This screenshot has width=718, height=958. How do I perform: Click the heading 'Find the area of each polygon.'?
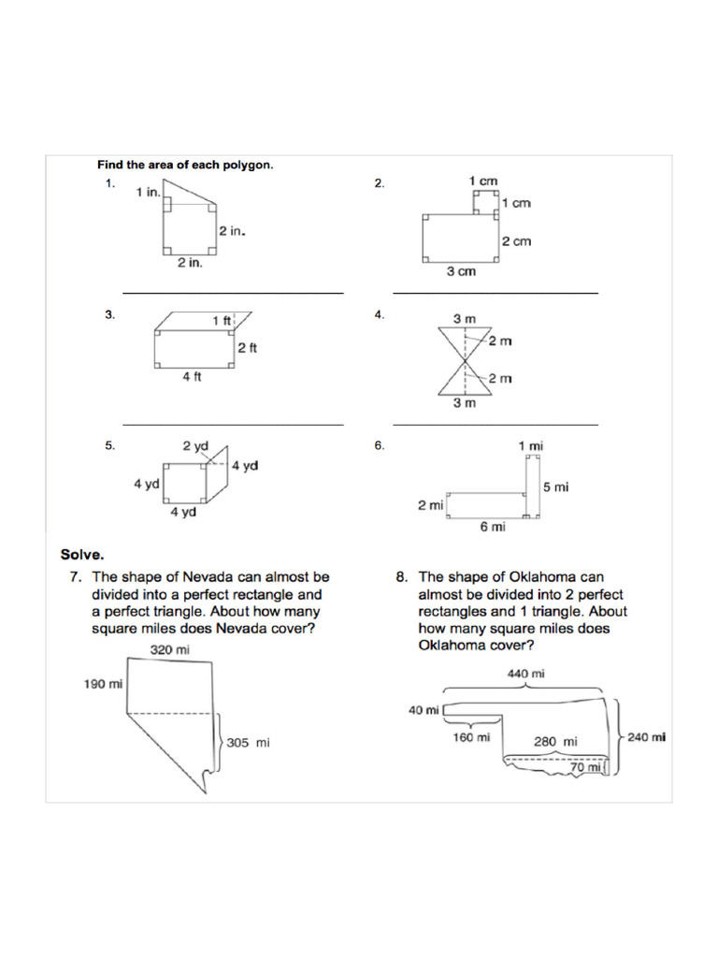pyautogui.click(x=185, y=165)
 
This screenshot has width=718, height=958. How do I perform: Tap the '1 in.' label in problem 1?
pyautogui.click(x=148, y=192)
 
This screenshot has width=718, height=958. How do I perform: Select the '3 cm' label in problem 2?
pyautogui.click(x=460, y=271)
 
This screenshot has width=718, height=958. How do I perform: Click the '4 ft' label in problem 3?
pyautogui.click(x=192, y=377)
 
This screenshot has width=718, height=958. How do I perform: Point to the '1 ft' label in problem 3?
pyautogui.click(x=222, y=321)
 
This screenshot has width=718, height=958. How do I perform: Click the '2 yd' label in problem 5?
pyautogui.click(x=194, y=447)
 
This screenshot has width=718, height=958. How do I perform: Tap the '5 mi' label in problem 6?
pyautogui.click(x=555, y=487)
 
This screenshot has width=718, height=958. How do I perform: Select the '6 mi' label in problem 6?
pyautogui.click(x=493, y=528)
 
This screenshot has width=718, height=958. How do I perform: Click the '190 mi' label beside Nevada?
pyautogui.click(x=104, y=684)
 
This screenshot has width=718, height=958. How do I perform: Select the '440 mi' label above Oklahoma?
pyautogui.click(x=526, y=674)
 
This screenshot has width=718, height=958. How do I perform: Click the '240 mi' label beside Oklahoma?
pyautogui.click(x=646, y=737)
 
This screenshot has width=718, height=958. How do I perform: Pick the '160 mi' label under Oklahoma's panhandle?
pyautogui.click(x=470, y=737)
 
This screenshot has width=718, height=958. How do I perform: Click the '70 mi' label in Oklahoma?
pyautogui.click(x=585, y=768)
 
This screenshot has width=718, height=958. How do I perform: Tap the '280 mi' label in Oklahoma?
pyautogui.click(x=555, y=742)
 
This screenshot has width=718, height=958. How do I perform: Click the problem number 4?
pyautogui.click(x=379, y=315)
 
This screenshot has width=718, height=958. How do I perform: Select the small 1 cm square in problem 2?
pyautogui.click(x=484, y=200)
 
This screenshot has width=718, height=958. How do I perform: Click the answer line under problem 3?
pyautogui.click(x=233, y=425)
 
